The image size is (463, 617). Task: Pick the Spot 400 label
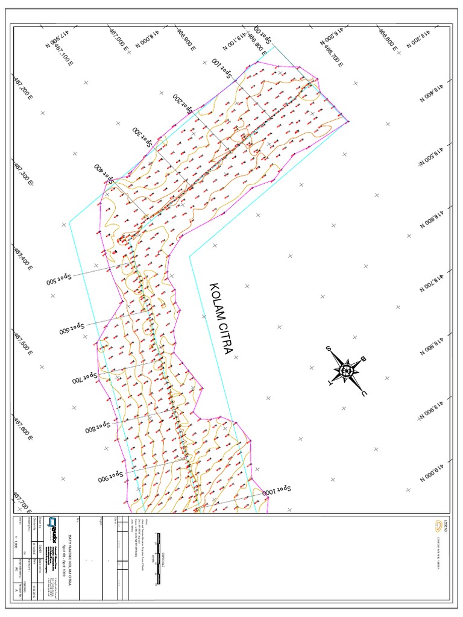point(104,172)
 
